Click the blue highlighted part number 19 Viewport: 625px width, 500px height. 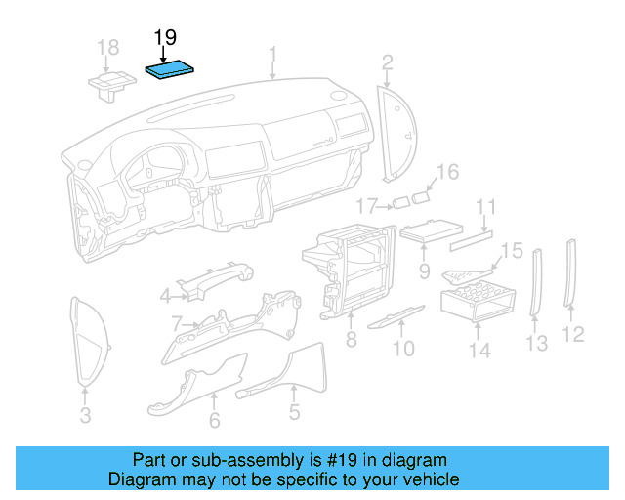[x=170, y=70]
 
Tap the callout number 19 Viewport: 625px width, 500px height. [x=165, y=38]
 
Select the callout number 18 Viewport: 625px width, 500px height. [x=108, y=47]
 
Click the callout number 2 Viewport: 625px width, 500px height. [x=387, y=63]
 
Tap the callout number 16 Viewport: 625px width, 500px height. [x=446, y=173]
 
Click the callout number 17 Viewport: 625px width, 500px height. [x=365, y=205]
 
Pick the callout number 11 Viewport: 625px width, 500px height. [x=485, y=207]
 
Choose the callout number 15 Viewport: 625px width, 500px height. [x=513, y=251]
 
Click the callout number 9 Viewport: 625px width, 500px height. [x=424, y=269]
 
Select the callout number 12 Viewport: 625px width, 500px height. [x=573, y=334]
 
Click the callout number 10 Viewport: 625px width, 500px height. [x=403, y=347]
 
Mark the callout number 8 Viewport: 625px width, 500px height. [x=350, y=342]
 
